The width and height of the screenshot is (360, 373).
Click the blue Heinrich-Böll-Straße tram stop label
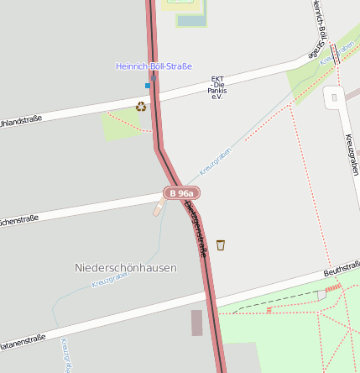click(x=154, y=66)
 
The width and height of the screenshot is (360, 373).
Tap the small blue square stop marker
click(x=148, y=85)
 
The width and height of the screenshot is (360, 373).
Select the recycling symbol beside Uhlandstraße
click(x=141, y=106)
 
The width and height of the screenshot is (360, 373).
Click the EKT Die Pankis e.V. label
click(x=217, y=87)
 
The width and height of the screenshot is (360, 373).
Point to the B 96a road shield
click(x=181, y=193)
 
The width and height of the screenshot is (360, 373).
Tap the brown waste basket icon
click(x=221, y=244)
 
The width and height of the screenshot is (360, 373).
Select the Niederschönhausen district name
click(x=126, y=268)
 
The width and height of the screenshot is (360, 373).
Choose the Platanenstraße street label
click(x=22, y=340)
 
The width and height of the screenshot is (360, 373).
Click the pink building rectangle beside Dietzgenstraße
click(x=196, y=323)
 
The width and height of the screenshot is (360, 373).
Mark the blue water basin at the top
click(x=190, y=21)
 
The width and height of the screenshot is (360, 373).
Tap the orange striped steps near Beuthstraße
click(x=332, y=288)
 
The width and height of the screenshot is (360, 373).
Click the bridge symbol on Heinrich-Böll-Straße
click(x=335, y=55)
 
